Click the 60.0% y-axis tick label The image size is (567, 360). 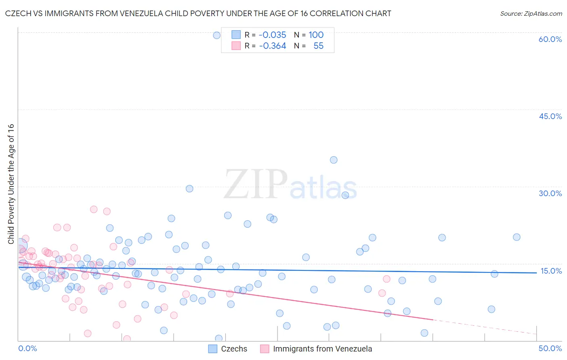pyautogui.click(x=550, y=39)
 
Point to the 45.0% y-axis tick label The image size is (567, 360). pyautogui.click(x=550, y=116)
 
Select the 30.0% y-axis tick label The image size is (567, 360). pyautogui.click(x=550, y=193)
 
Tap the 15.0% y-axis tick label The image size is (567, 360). pyautogui.click(x=551, y=271)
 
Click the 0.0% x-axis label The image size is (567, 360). pyautogui.click(x=27, y=348)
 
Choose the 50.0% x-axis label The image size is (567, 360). pyautogui.click(x=550, y=348)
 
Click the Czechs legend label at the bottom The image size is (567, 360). pyautogui.click(x=234, y=349)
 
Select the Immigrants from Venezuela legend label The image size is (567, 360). pyautogui.click(x=322, y=349)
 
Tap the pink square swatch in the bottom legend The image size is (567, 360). pyautogui.click(x=265, y=349)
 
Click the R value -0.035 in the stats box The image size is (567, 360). pyautogui.click(x=272, y=35)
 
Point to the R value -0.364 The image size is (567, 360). pyautogui.click(x=272, y=46)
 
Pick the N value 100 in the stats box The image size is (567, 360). pyautogui.click(x=316, y=35)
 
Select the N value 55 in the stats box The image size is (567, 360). pyautogui.click(x=318, y=46)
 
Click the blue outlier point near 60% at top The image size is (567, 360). pyautogui.click(x=217, y=35)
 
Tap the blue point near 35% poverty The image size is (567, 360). pyautogui.click(x=334, y=160)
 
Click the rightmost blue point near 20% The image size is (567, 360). pyautogui.click(x=517, y=237)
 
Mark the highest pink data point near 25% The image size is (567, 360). pyautogui.click(x=94, y=209)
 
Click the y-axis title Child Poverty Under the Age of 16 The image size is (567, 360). pyautogui.click(x=11, y=184)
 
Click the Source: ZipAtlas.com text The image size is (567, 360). pyautogui.click(x=531, y=14)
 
